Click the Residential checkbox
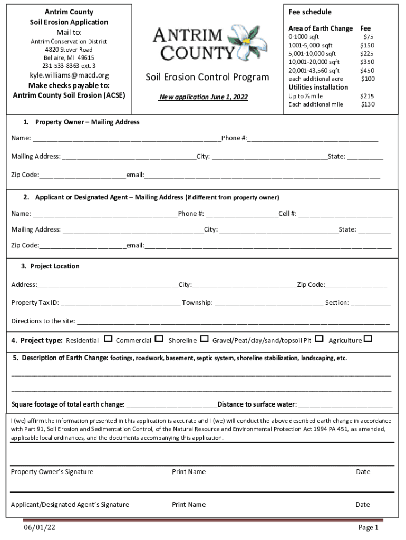point(108,339)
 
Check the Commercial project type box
point(159,339)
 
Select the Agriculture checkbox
point(368,339)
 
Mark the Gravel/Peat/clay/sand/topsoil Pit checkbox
point(319,339)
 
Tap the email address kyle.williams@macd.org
point(69,75)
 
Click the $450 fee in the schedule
point(367,70)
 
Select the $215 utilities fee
point(367,96)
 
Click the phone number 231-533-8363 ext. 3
point(69,66)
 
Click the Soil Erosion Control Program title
point(207,78)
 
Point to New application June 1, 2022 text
point(204,97)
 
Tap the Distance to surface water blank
point(345,405)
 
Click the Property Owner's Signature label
point(52,472)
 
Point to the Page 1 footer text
point(369,527)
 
